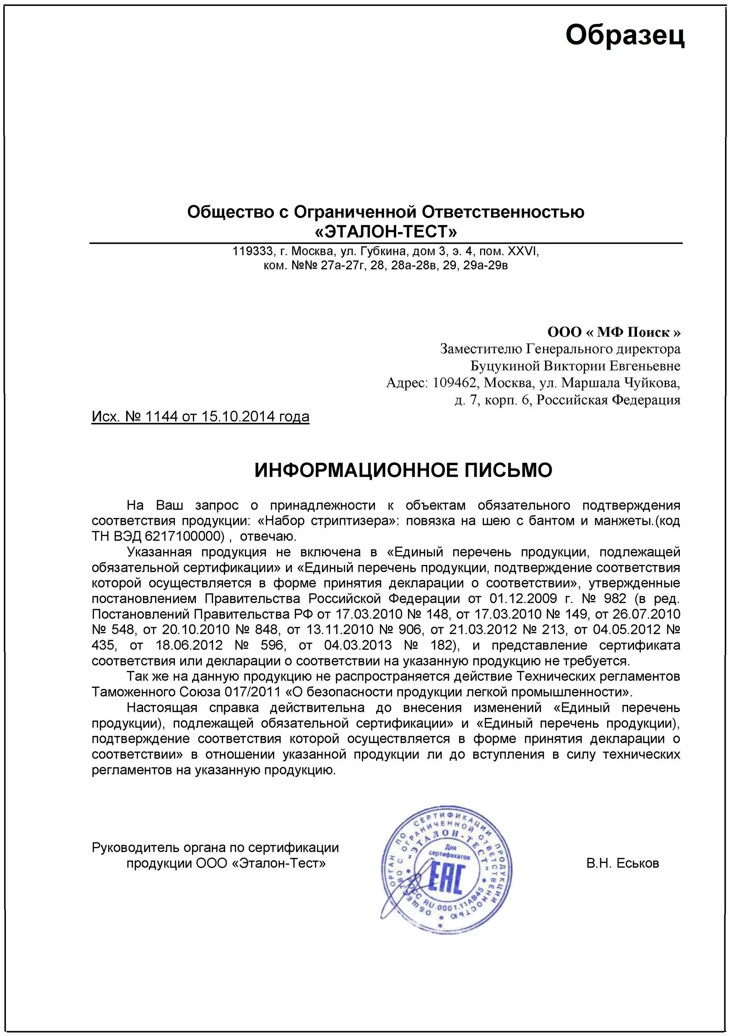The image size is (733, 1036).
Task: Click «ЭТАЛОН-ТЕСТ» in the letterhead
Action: [x=385, y=232]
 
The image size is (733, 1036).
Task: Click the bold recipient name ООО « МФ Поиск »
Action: [x=614, y=333]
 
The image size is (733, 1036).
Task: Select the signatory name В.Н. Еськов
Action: [x=622, y=864]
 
